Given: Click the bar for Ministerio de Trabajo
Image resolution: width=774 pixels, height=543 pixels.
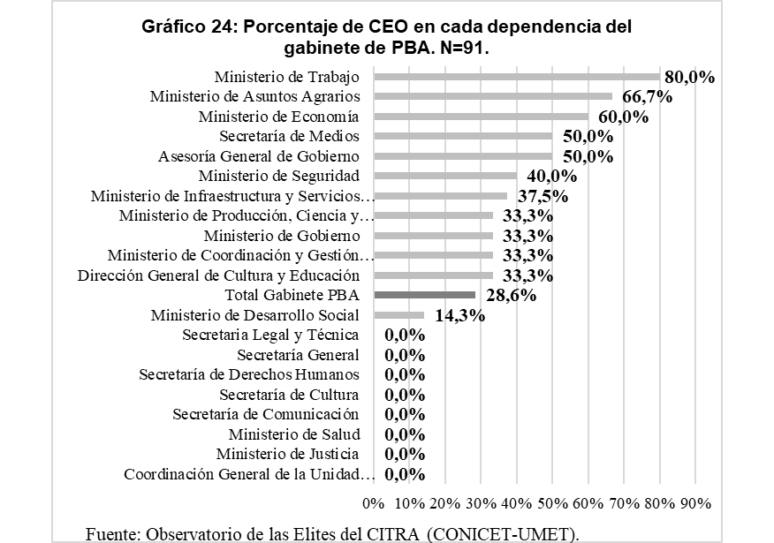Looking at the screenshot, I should tap(517, 77).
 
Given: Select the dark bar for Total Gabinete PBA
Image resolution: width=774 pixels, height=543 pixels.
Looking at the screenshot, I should tap(425, 296).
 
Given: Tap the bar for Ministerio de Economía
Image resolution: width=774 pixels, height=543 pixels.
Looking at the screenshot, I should tap(482, 117).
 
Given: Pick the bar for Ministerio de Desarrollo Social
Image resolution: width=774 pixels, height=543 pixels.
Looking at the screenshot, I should tap(399, 315).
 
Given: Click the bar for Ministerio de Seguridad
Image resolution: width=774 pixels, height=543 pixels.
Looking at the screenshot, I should tap(445, 176).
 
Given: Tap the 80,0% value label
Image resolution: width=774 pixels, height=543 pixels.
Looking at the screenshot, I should tap(690, 77).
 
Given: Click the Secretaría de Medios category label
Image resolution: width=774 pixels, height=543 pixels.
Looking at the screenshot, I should tap(289, 136).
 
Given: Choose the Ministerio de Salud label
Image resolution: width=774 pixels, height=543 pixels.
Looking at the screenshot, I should tap(293, 434).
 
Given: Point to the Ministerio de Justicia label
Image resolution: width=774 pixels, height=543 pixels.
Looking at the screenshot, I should tap(287, 454).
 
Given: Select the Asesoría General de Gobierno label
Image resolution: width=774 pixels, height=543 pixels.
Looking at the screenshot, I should tap(259, 156).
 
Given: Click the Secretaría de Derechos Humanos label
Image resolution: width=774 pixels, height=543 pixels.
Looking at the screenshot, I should tap(249, 374).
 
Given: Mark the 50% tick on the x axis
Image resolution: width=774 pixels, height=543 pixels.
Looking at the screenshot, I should tap(552, 502).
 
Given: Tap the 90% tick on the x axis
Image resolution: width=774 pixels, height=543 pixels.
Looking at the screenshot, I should tap(695, 502).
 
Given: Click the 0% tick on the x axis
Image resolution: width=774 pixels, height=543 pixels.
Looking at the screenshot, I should tap(374, 502).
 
